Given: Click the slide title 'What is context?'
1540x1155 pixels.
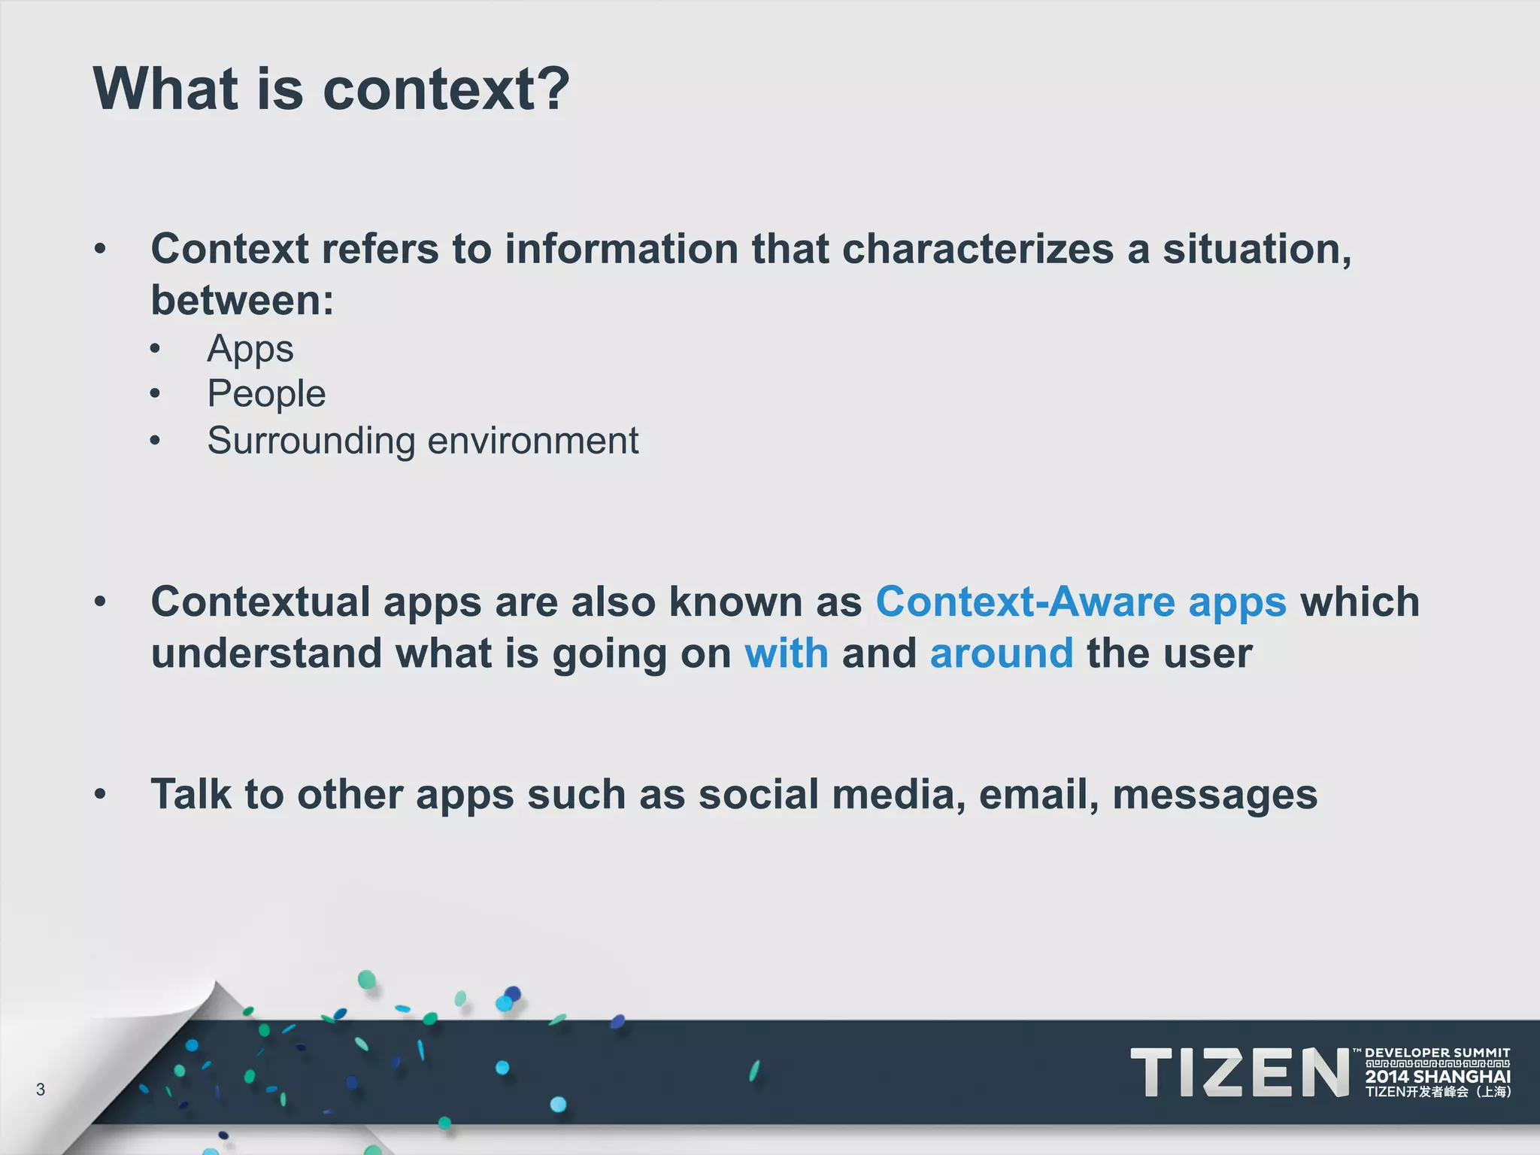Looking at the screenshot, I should click(331, 89).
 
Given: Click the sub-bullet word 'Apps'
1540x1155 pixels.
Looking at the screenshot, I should click(250, 349).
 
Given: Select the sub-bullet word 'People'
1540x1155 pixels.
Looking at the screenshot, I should click(266, 394).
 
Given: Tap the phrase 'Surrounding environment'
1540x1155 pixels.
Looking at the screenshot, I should click(423, 441).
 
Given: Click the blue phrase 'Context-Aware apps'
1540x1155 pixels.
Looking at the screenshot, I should click(1081, 602).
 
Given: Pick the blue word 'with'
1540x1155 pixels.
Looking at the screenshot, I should click(786, 653).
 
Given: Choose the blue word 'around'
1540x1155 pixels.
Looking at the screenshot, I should click(1001, 653).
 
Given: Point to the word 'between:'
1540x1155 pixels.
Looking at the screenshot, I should click(242, 301).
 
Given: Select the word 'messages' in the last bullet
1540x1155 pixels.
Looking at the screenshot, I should click(1214, 796).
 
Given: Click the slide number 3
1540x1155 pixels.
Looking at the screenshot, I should click(41, 1089).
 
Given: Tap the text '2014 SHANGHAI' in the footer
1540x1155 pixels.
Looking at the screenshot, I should click(1438, 1077).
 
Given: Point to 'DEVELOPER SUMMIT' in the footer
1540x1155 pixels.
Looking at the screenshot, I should click(1437, 1053).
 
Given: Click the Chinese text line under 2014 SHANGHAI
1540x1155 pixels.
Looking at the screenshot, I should click(1438, 1093).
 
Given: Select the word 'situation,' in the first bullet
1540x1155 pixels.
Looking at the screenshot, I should click(1257, 249).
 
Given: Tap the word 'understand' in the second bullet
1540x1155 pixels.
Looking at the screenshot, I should click(266, 653).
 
